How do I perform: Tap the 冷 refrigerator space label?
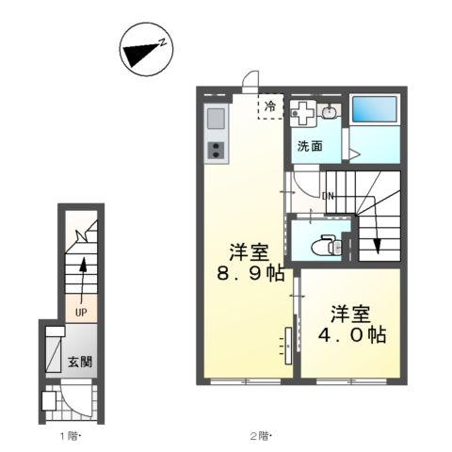point(271,107)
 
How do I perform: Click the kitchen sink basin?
point(215,121)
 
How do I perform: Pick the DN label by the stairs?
point(328,196)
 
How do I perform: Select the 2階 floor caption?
point(260,435)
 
